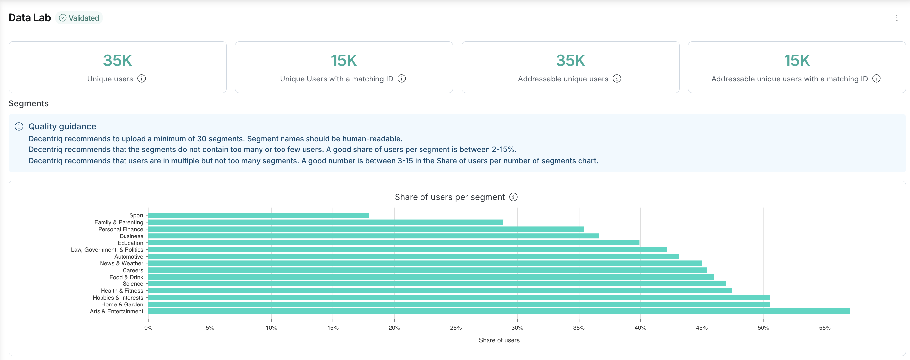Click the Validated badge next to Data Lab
[79, 18]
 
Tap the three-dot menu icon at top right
[896, 18]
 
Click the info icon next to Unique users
[141, 79]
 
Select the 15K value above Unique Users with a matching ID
[344, 60]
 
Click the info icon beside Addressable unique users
[616, 79]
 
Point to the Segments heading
[29, 103]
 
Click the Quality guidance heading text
[62, 126]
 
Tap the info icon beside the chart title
[513, 197]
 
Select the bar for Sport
[259, 215]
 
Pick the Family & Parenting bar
[326, 222]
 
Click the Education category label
[130, 243]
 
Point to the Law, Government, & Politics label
[107, 250]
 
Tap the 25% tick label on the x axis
[456, 328]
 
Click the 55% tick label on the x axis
[825, 328]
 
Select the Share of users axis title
[499, 340]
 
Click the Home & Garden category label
[122, 304]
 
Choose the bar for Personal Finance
[366, 229]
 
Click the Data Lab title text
[30, 18]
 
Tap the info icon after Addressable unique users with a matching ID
[876, 79]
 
